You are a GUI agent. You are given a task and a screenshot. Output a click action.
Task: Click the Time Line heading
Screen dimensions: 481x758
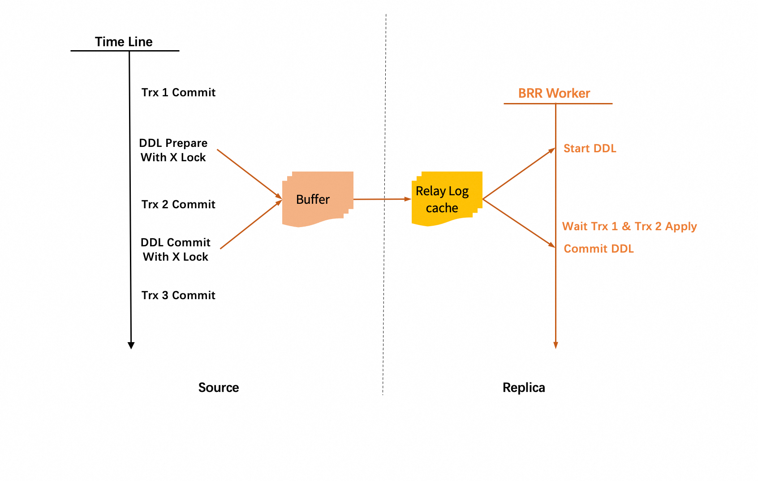pyautogui.click(x=124, y=42)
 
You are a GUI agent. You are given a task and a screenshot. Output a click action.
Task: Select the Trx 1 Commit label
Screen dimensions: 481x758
pyautogui.click(x=178, y=92)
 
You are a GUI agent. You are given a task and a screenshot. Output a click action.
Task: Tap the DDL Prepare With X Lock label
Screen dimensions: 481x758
pyautogui.click(x=173, y=150)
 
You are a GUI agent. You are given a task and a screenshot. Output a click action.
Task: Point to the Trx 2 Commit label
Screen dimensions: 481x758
pyautogui.click(x=178, y=204)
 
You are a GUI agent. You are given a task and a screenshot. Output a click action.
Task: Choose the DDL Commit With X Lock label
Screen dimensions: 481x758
pyautogui.click(x=175, y=249)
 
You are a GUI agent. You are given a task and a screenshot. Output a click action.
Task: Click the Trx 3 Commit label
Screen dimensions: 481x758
pyautogui.click(x=178, y=295)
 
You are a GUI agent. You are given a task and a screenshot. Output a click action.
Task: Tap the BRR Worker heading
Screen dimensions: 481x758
pyautogui.click(x=554, y=93)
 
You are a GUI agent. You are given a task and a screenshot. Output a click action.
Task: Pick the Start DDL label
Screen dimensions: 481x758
pyautogui.click(x=590, y=148)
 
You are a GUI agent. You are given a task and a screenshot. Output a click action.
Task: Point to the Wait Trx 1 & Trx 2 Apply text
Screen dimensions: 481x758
pyautogui.click(x=629, y=226)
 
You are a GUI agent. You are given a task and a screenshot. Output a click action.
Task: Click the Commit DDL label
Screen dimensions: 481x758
pyautogui.click(x=599, y=249)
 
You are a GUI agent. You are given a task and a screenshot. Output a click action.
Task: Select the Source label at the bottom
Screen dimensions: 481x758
pyautogui.click(x=219, y=387)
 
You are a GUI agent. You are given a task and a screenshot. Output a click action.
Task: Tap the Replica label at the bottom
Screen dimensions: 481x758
pyautogui.click(x=524, y=387)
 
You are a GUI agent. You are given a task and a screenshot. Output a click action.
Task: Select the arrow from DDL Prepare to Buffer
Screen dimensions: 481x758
pyautogui.click(x=249, y=174)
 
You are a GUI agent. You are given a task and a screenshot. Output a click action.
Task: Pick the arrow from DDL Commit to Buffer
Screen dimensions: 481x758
pyautogui.click(x=251, y=225)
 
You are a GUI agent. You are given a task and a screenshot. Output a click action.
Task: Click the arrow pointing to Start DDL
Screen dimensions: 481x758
pyautogui.click(x=519, y=174)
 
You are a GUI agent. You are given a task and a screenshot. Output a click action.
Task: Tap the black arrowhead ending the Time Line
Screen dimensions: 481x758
pyautogui.click(x=131, y=345)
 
